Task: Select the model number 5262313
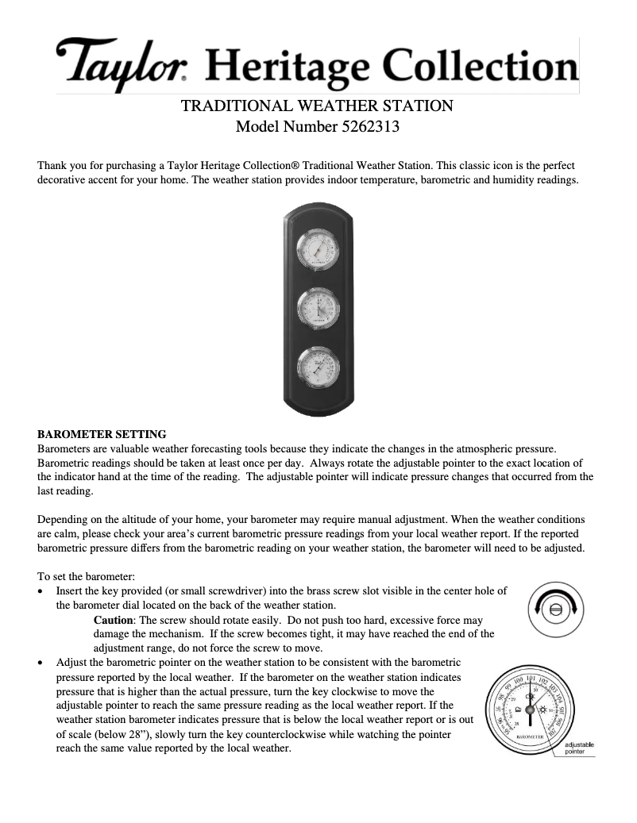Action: click(372, 125)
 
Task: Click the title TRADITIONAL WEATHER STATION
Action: click(318, 105)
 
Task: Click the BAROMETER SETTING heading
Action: click(102, 434)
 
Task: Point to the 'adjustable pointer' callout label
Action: click(579, 748)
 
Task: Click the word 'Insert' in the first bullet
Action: click(69, 590)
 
